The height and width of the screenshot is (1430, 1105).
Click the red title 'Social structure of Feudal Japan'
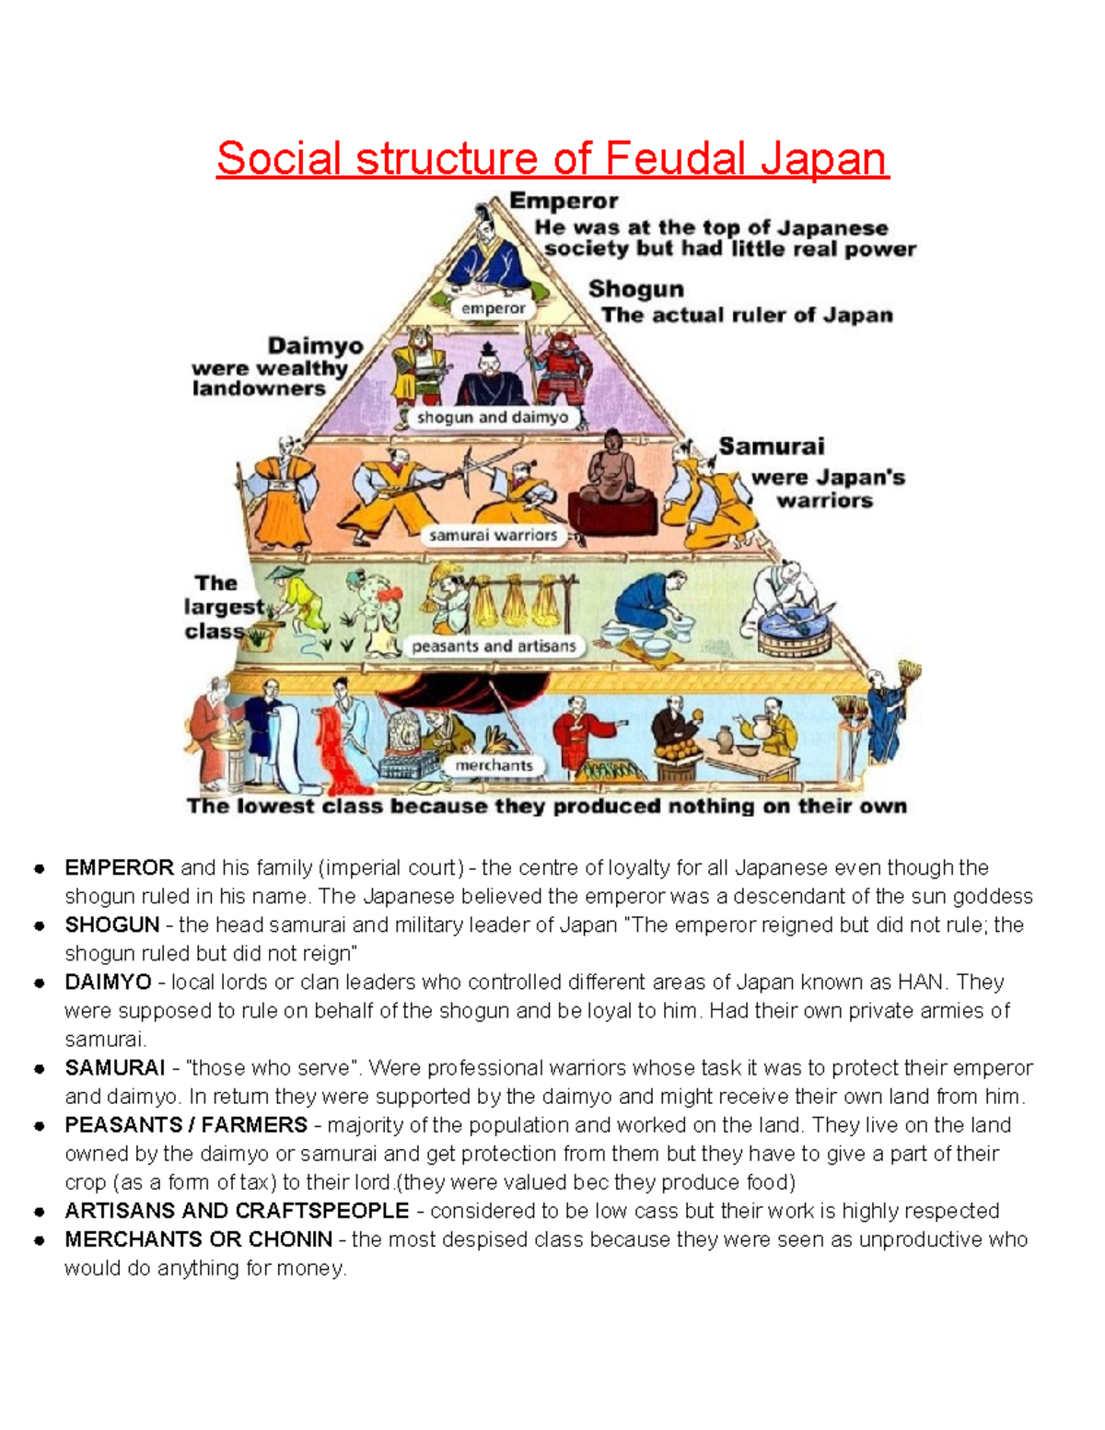552,158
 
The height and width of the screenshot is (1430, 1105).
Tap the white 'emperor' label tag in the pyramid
494,308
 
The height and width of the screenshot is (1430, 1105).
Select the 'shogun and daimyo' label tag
493,417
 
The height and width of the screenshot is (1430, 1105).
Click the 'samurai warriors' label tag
493,535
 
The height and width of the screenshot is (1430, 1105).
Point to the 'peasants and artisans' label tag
494,646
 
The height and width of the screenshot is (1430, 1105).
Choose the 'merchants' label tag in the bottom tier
494,765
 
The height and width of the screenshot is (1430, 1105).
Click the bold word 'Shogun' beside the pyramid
636,289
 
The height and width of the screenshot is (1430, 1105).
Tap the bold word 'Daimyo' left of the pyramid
315,346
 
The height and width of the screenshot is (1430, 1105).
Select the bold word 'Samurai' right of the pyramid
771,447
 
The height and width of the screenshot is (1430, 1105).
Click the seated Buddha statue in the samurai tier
611,474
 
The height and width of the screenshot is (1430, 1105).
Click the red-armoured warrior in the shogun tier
559,368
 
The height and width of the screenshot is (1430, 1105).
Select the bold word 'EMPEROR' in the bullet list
119,867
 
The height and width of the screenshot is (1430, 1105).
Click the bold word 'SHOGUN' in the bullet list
111,924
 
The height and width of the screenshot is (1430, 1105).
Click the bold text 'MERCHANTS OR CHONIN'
198,1239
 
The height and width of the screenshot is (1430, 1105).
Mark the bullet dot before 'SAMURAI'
39,1069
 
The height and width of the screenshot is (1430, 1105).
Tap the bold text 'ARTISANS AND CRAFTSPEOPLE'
237,1211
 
